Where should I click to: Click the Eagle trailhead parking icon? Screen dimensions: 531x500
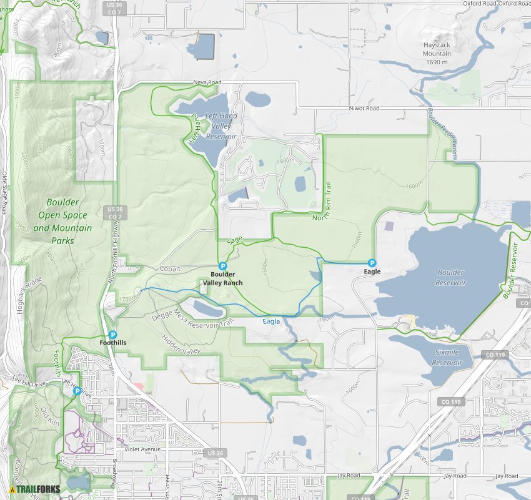tap(372, 263)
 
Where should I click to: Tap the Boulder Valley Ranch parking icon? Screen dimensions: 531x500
tap(222, 266)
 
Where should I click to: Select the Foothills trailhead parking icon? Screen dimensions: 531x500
tap(112, 335)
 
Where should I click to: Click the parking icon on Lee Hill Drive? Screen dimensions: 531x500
tap(77, 391)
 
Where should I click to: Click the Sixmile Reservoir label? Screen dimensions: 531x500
tap(447, 358)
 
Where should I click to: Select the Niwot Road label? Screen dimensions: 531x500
tap(364, 109)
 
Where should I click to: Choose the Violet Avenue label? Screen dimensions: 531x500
tap(142, 449)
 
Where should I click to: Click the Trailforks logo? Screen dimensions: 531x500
tap(35, 489)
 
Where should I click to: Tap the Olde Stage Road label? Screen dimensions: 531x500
tap(4, 193)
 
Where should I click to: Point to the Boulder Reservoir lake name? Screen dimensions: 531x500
tap(451, 278)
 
